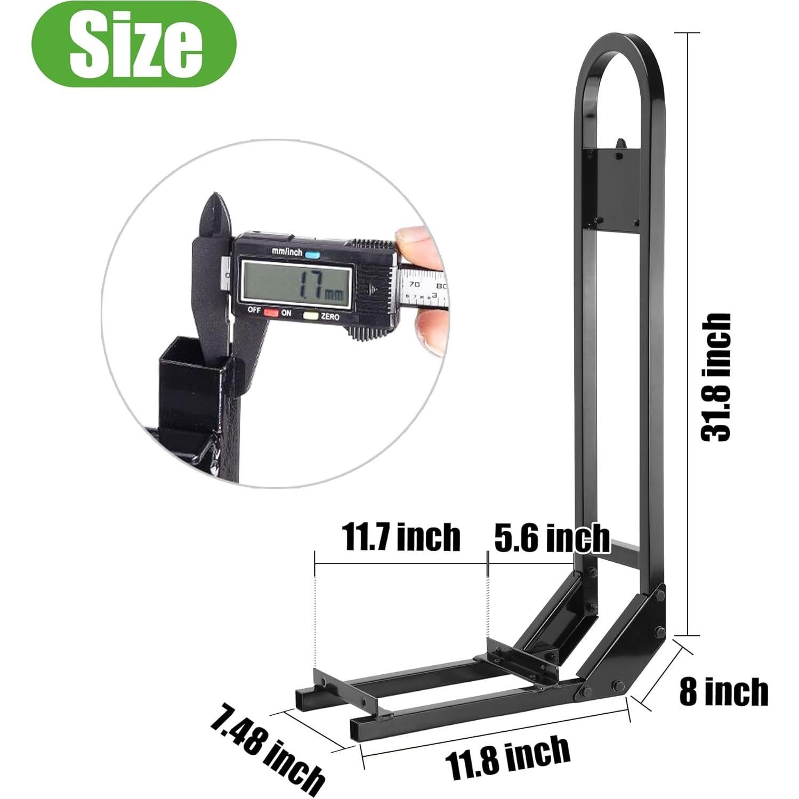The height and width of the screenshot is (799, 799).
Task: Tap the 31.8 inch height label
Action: [x=715, y=377]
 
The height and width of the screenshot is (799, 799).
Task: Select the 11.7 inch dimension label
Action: [x=400, y=537]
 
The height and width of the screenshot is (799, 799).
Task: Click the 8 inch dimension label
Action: [x=724, y=691]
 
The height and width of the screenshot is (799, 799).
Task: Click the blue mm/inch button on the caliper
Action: [x=312, y=254]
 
